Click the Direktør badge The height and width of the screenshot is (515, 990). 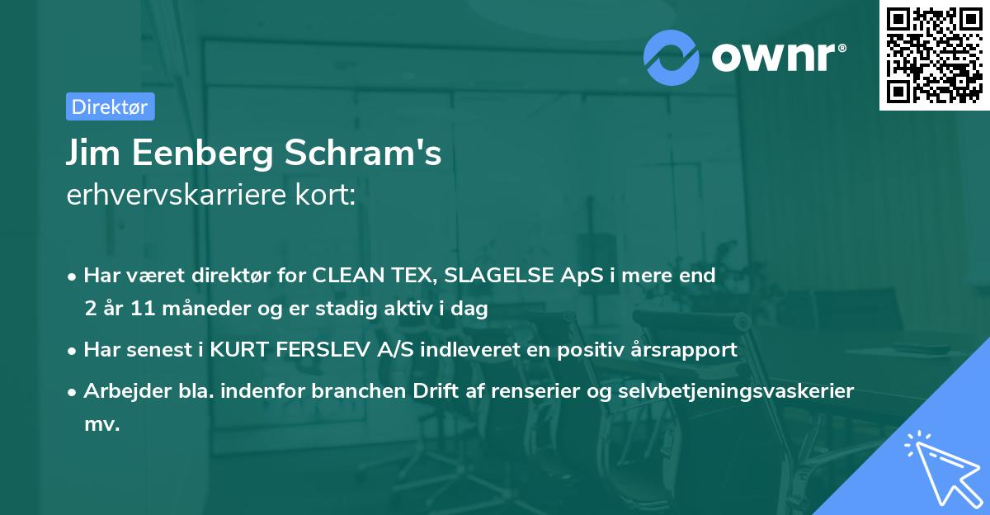110,106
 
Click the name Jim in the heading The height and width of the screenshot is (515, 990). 91,154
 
